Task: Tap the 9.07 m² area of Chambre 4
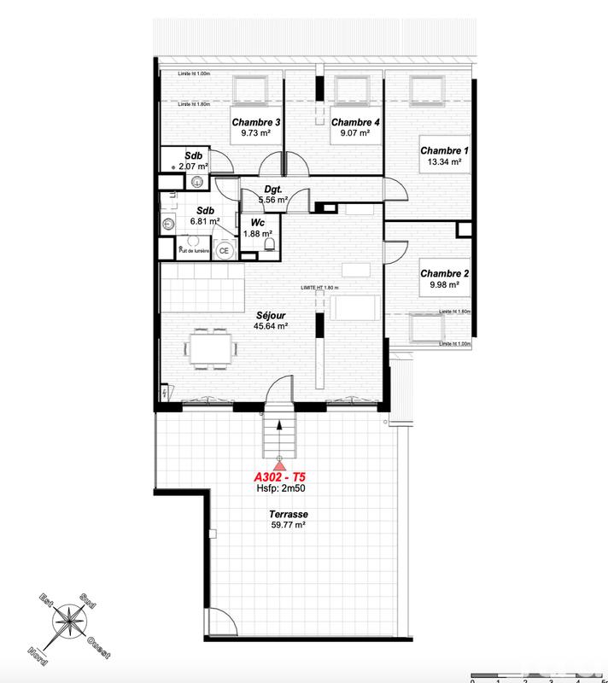tap(354, 133)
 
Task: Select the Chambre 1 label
tap(443, 150)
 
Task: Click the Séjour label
tap(270, 314)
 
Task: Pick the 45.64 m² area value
tap(270, 325)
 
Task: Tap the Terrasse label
tap(287, 515)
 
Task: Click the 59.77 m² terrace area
tap(287, 526)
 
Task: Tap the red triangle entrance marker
tap(278, 464)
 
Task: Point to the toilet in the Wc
tap(270, 247)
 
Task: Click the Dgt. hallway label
tap(273, 189)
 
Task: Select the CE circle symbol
tap(224, 250)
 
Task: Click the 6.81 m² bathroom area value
tap(205, 220)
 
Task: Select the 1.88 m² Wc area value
tap(258, 233)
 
